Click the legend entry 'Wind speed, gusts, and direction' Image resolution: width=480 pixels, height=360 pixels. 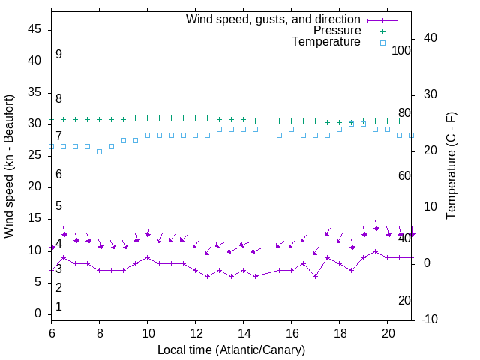tap(273, 19)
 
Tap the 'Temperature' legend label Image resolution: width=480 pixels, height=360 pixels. tap(326, 42)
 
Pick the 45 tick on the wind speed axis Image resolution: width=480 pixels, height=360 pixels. tap(34, 29)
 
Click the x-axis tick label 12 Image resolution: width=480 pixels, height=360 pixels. tap(196, 332)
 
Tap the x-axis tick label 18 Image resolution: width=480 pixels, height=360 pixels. tap(340, 332)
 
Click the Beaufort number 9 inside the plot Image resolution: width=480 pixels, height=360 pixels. tap(58, 55)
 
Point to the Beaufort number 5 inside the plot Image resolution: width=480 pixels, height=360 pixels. tap(58, 206)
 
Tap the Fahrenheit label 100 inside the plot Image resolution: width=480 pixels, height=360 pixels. tap(402, 50)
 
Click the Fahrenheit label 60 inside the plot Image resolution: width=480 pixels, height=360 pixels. tap(405, 175)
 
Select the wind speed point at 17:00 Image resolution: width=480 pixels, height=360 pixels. tap(316, 276)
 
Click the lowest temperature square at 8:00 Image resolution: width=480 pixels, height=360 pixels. tap(99, 151)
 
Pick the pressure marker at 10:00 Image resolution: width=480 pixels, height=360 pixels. tap(148, 118)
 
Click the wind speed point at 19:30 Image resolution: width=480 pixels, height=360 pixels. tap(376, 251)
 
